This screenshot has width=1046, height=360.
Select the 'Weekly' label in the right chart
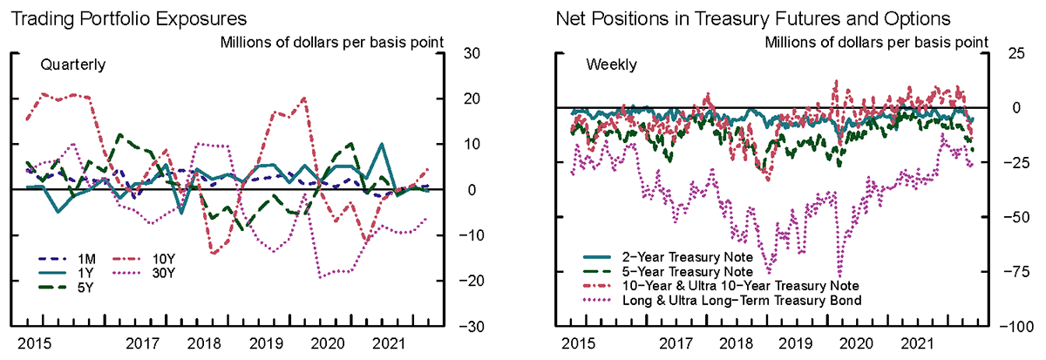pos(611,65)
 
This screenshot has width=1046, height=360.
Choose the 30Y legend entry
pos(165,272)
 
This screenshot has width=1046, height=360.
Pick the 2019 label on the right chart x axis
pos(794,344)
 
